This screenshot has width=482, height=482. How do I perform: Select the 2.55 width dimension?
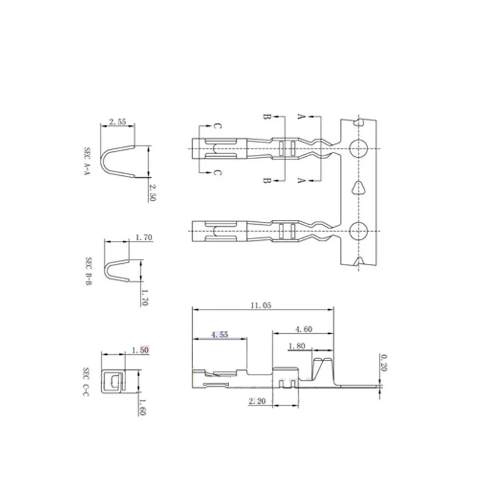[118, 122]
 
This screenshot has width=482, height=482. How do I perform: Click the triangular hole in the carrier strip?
[359, 187]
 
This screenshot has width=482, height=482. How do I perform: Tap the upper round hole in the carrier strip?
[359, 146]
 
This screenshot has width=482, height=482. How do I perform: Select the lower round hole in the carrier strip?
[359, 230]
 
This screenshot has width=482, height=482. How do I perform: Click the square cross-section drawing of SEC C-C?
[112, 381]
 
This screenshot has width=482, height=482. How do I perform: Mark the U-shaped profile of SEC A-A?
[118, 160]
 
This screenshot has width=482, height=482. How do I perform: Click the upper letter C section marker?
[218, 127]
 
